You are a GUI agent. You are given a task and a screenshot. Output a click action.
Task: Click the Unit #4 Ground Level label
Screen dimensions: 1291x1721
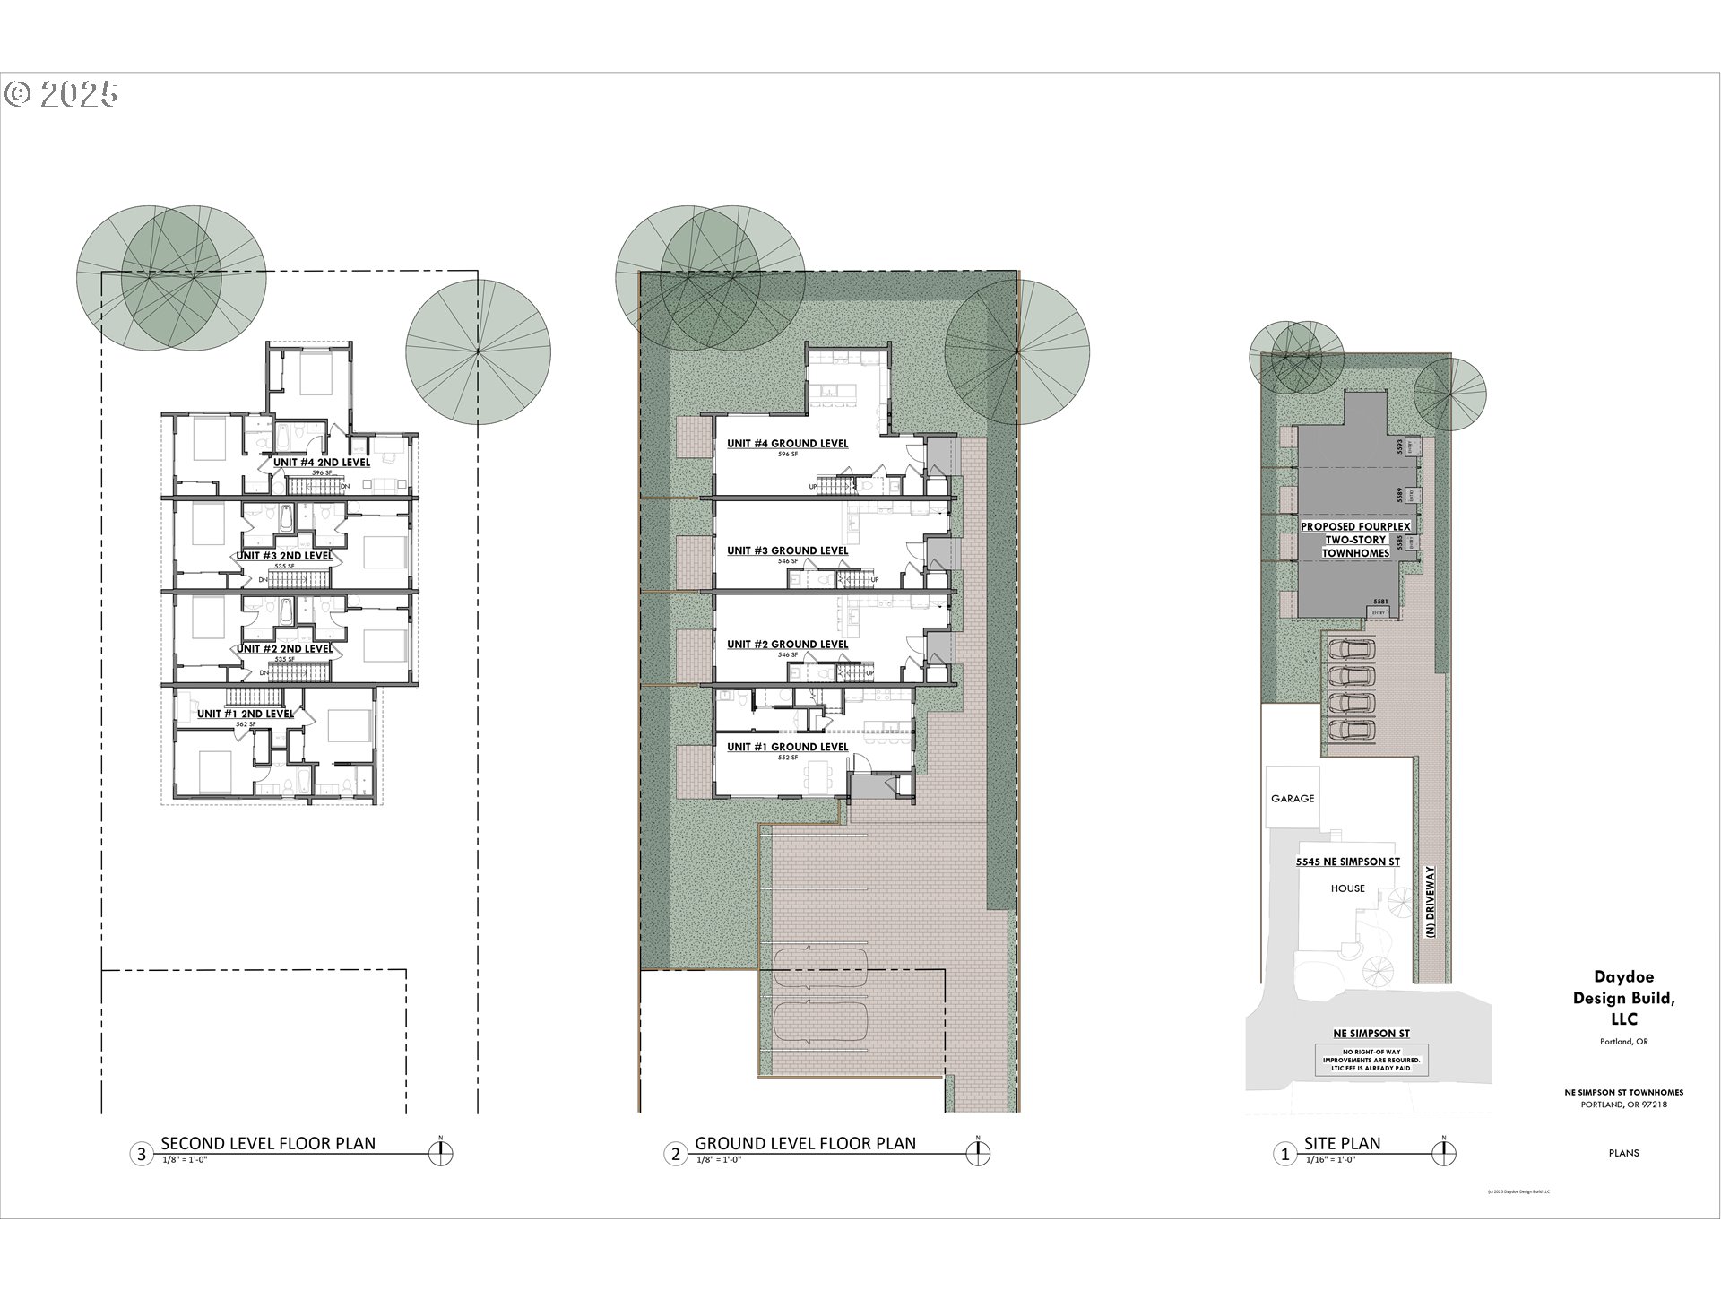(787, 443)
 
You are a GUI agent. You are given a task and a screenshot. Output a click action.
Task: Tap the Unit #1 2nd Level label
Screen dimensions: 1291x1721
(245, 714)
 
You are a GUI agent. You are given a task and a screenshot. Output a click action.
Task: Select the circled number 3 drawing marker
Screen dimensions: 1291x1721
(141, 1154)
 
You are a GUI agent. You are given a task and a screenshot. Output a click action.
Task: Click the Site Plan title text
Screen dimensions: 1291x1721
(1342, 1143)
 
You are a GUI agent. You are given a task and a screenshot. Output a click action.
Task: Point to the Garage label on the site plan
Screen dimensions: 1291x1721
(1293, 798)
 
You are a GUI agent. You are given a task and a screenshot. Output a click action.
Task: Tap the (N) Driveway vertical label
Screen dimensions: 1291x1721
(1431, 901)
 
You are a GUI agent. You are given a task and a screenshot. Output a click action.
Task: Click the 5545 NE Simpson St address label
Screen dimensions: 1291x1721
(1347, 862)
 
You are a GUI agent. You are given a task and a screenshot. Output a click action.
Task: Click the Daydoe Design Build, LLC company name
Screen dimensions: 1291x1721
(1623, 998)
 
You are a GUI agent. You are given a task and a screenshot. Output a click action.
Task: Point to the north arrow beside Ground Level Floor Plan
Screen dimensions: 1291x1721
(978, 1153)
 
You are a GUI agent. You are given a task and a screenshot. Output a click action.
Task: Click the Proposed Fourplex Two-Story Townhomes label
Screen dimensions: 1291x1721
(1355, 540)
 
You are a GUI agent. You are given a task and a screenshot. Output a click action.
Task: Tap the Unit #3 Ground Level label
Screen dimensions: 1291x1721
(787, 550)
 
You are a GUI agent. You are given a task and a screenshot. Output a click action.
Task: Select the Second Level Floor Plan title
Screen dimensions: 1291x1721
(268, 1143)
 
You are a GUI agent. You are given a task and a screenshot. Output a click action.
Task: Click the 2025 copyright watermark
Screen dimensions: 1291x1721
(63, 94)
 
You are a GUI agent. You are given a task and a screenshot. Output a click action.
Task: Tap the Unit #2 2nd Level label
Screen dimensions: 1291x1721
(283, 648)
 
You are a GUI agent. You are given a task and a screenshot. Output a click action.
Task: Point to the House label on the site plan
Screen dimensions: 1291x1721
(1347, 888)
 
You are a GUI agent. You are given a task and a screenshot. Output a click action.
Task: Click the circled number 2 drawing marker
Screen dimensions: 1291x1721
(676, 1154)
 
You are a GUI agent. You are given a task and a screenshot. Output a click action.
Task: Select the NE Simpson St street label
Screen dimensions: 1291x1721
(1371, 1034)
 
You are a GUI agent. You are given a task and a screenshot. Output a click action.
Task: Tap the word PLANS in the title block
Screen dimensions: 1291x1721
(1623, 1153)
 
